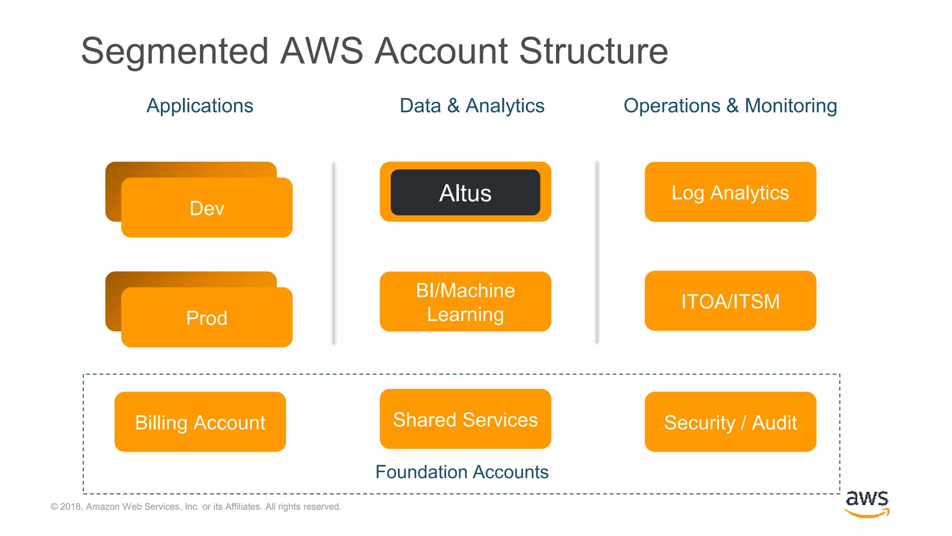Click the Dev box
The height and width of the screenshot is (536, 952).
click(x=207, y=208)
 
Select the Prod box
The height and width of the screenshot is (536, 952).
click(x=207, y=318)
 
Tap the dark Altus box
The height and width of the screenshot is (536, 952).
click(x=465, y=193)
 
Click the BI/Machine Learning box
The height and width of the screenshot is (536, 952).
click(x=465, y=301)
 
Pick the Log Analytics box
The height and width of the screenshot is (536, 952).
click(x=730, y=192)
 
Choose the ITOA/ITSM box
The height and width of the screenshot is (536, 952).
click(x=730, y=301)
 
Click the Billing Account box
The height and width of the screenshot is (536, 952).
click(x=200, y=422)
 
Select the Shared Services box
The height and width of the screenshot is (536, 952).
click(x=465, y=419)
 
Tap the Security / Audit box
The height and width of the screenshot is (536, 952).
click(x=730, y=422)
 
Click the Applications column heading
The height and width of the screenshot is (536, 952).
click(x=200, y=106)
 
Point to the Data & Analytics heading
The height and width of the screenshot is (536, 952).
click(x=472, y=106)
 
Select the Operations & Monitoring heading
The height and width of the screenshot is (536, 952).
click(x=730, y=106)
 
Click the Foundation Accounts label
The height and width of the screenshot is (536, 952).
click(x=462, y=472)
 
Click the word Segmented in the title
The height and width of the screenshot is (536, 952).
click(x=175, y=51)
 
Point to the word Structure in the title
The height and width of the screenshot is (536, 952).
click(x=593, y=51)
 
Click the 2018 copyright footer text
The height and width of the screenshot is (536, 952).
click(x=196, y=507)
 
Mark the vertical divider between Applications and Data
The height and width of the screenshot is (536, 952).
click(x=334, y=254)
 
